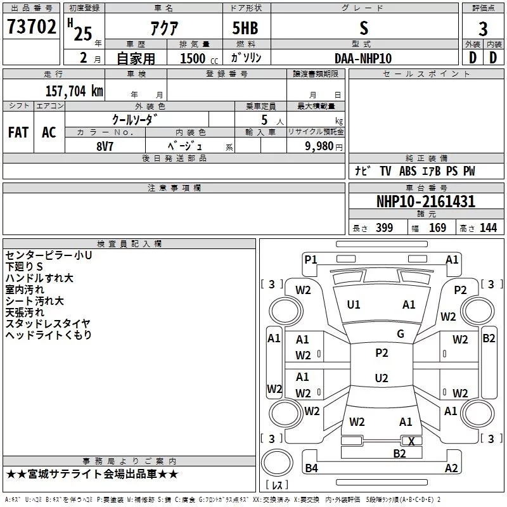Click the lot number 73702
31,27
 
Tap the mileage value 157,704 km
74,91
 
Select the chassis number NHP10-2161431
426,202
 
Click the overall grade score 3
483,29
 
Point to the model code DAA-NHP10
363,58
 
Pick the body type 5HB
245,28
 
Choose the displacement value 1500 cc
199,58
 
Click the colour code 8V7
105,146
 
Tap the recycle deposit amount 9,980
319,146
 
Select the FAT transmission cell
18,132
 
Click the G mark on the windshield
401,334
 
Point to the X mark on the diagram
411,441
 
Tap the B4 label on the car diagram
311,468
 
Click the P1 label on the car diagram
311,260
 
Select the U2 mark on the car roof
382,378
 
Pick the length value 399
384,228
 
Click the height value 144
488,228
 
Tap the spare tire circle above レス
277,463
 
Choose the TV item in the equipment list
385,171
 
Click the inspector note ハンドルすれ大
39,278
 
